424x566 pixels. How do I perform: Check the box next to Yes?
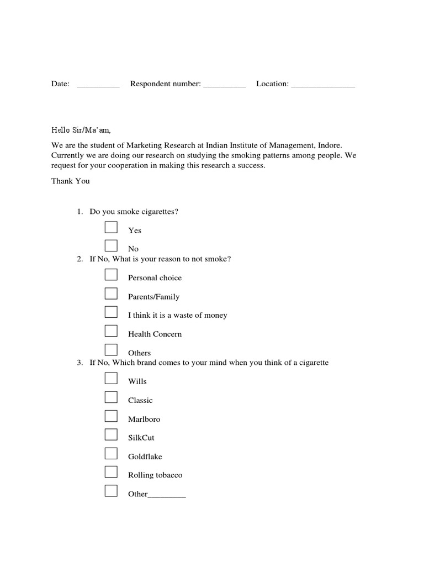tap(111, 227)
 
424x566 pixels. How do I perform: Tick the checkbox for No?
tap(111, 246)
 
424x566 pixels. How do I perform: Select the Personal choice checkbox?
tap(111, 275)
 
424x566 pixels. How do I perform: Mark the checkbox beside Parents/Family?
tap(111, 294)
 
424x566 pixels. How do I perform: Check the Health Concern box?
tap(111, 331)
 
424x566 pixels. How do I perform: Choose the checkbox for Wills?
tap(111, 378)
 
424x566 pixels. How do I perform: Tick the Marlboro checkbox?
tap(111, 416)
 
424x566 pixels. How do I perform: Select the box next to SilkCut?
tap(111, 434)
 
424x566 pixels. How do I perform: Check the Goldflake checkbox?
tap(111, 453)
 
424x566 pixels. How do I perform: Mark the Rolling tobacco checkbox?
tap(111, 472)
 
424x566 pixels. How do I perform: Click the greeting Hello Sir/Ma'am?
tap(81, 130)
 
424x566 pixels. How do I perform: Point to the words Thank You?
tap(70, 181)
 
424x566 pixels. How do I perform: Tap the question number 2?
tap(79, 259)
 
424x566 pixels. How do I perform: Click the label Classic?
tap(140, 400)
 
